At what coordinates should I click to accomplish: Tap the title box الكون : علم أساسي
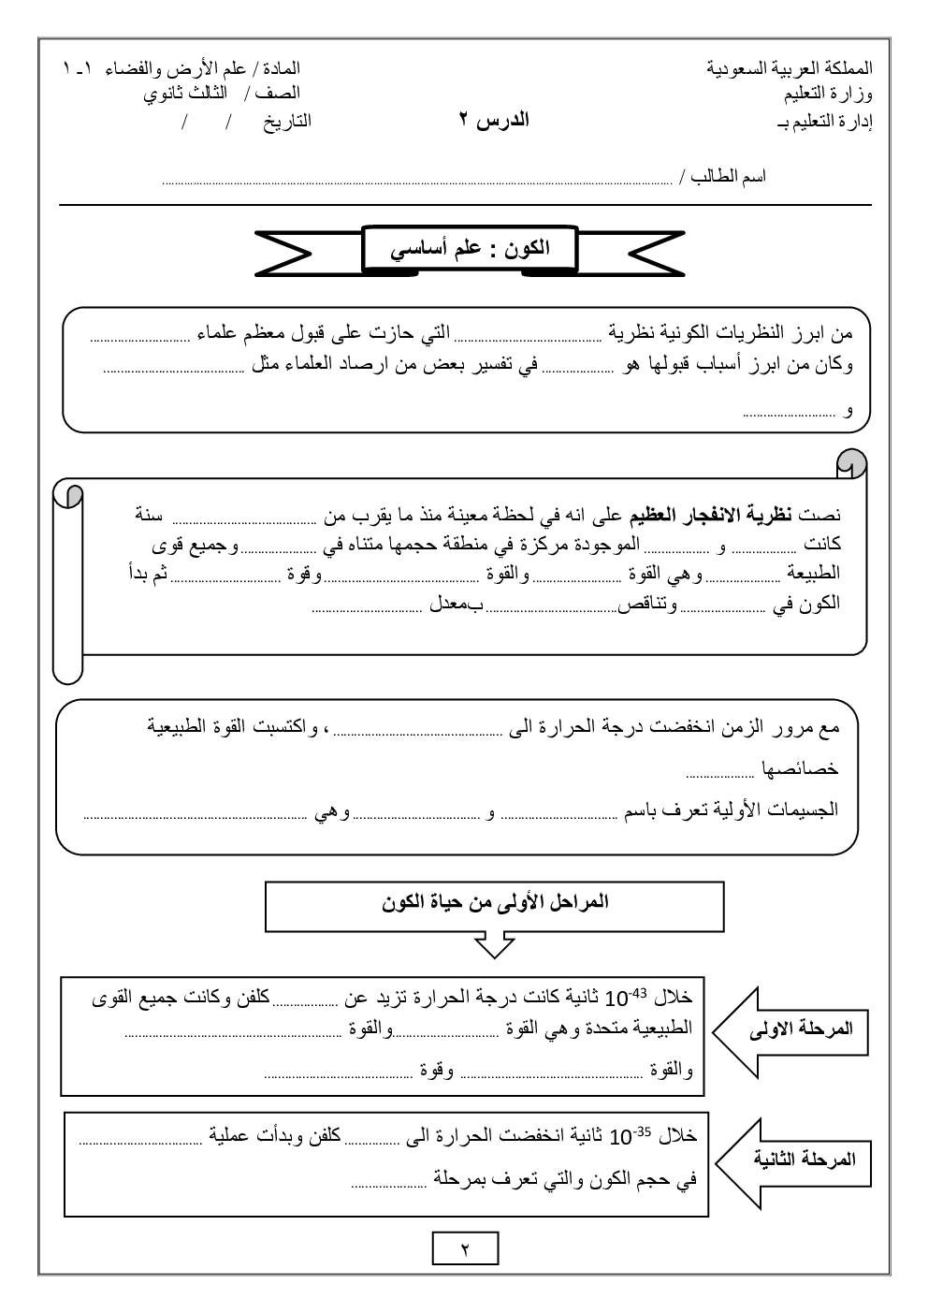(x=469, y=249)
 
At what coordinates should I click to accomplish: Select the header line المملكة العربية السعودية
(x=790, y=68)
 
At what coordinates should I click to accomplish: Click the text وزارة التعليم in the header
(x=829, y=94)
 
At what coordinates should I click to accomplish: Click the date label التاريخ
(x=286, y=121)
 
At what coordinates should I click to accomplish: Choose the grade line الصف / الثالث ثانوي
(x=222, y=94)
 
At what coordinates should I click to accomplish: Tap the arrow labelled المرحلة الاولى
(x=793, y=1029)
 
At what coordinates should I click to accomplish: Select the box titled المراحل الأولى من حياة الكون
(x=494, y=905)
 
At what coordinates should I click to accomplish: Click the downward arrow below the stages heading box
(x=494, y=944)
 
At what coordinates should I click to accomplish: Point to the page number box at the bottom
(x=465, y=1248)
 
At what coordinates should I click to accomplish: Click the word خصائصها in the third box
(x=800, y=769)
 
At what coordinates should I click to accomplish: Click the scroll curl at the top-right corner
(x=851, y=462)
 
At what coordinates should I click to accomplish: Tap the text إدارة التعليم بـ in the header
(x=824, y=122)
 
